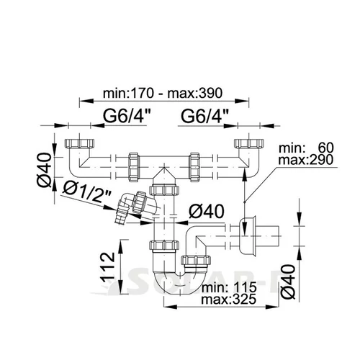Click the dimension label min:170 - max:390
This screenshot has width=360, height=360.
click(x=163, y=93)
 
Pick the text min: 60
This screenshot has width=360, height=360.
click(x=306, y=148)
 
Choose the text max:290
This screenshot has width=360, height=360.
click(x=306, y=159)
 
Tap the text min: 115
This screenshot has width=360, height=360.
click(x=229, y=287)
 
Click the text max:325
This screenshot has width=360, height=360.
click(x=229, y=299)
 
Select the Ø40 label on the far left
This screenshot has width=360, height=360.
click(x=44, y=170)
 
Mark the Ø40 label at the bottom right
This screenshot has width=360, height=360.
click(x=287, y=282)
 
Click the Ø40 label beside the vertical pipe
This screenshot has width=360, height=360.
click(x=207, y=212)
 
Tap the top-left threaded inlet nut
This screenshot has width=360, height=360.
click(x=79, y=143)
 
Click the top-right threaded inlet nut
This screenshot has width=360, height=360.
click(x=249, y=143)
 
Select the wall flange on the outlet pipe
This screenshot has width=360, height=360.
click(x=248, y=236)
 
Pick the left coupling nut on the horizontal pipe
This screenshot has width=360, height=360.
click(x=134, y=167)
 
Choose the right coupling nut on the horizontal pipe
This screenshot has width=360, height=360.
click(x=194, y=167)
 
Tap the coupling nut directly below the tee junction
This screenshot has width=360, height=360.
click(x=164, y=190)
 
